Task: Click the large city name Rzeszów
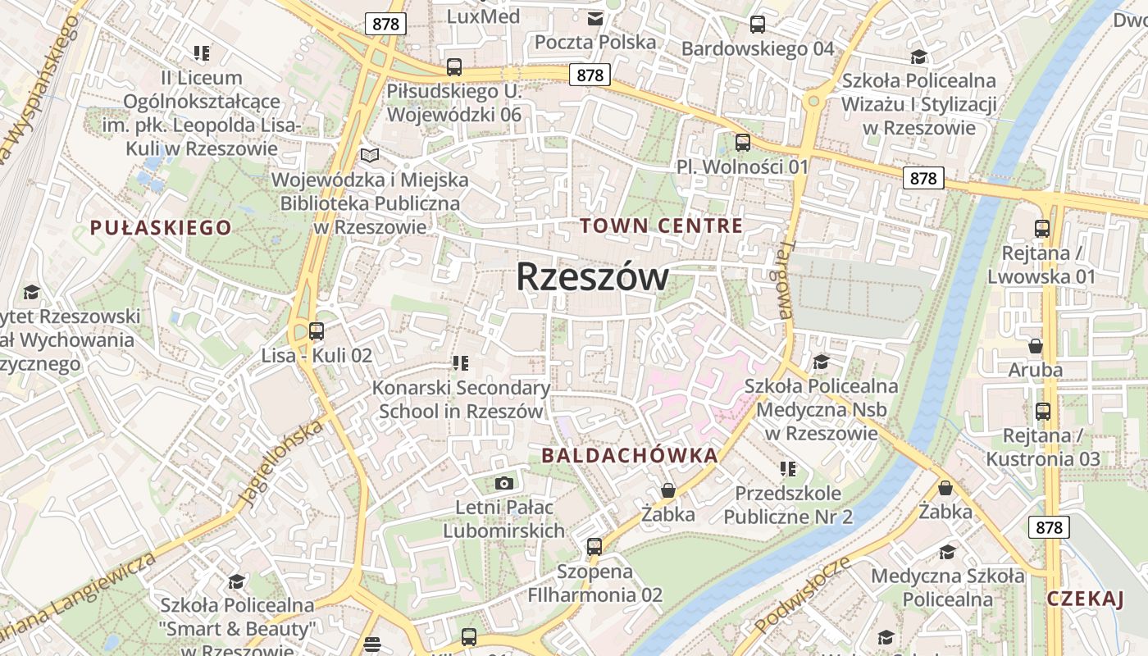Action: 592,277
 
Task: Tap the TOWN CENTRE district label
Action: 662,225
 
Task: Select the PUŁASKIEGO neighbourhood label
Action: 161,227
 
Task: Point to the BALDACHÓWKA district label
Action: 630,455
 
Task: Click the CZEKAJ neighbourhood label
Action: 1085,599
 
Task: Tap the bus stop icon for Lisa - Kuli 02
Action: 317,332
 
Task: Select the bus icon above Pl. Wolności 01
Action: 742,143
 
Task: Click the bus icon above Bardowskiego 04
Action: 757,25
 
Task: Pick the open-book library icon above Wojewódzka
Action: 370,155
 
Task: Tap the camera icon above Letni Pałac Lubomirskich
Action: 503,484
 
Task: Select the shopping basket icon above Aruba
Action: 1035,346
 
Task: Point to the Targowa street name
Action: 785,280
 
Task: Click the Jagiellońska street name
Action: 280,463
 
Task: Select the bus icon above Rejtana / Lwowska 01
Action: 1041,229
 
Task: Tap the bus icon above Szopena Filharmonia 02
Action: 594,546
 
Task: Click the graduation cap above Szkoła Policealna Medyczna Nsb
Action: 821,362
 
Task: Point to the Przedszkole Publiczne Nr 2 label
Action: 788,504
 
